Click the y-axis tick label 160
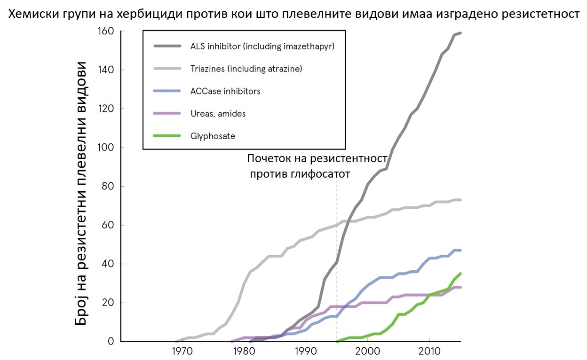[106, 31]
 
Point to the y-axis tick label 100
[106, 148]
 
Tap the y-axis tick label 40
[108, 264]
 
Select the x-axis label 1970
[182, 352]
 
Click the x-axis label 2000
[367, 352]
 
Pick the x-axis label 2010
[429, 352]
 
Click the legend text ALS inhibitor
[215, 47]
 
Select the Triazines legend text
[207, 69]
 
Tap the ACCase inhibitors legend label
[225, 91]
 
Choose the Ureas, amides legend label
[218, 114]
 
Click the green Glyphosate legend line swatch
[167, 136]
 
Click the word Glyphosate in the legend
[213, 136]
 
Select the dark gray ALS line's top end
[460, 33]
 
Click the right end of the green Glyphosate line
[460, 274]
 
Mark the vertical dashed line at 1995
[337, 262]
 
